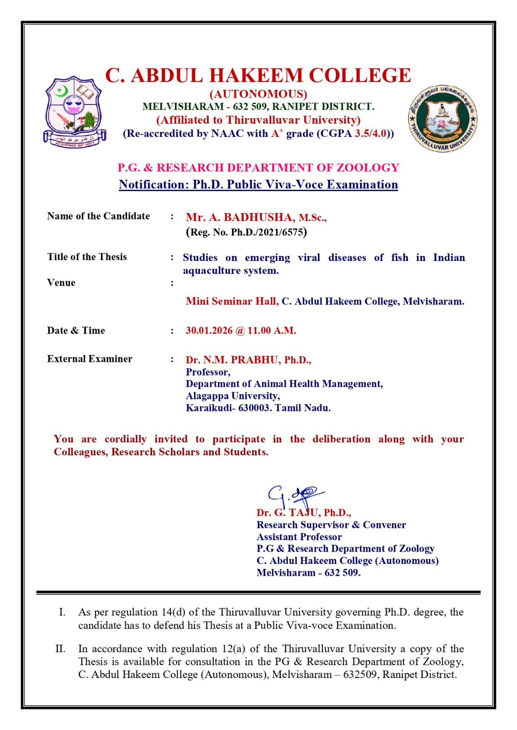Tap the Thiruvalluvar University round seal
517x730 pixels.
(x=442, y=118)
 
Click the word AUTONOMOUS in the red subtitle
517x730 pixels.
(x=258, y=94)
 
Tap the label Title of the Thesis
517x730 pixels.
(x=87, y=257)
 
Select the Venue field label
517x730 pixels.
(x=61, y=283)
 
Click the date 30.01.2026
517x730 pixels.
(x=209, y=330)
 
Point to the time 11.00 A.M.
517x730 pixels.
(x=272, y=330)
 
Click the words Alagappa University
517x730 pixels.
(x=232, y=396)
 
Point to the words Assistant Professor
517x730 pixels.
(x=299, y=537)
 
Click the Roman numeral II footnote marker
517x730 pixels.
(x=60, y=649)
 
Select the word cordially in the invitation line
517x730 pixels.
(x=126, y=439)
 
